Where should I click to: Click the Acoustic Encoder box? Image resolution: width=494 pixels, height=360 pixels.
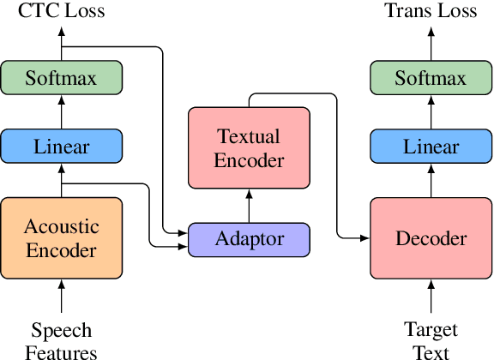[x=62, y=238]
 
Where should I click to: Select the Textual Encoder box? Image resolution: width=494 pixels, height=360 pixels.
[x=249, y=147]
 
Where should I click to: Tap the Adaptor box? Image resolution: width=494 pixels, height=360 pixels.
[x=249, y=239]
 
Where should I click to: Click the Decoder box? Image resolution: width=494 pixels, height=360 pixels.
[x=431, y=238]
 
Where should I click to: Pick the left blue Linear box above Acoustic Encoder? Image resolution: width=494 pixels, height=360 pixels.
[x=62, y=147]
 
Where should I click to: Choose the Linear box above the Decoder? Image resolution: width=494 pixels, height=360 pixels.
[x=431, y=147]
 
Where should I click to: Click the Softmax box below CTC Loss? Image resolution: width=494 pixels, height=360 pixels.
[x=62, y=79]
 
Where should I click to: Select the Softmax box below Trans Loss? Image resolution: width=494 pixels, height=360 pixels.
[x=431, y=79]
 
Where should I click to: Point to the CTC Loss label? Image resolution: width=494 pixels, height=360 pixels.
[x=62, y=11]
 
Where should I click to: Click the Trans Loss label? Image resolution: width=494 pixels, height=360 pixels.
[x=431, y=11]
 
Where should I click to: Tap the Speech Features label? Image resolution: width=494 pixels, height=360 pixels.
[x=62, y=340]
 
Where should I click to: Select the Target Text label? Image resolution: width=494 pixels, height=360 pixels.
[x=431, y=340]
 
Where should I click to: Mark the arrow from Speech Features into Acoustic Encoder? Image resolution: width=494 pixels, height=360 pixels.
[x=62, y=297]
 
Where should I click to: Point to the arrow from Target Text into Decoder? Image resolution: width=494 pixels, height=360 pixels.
[x=431, y=297]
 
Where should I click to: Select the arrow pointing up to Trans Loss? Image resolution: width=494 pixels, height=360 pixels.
[x=431, y=43]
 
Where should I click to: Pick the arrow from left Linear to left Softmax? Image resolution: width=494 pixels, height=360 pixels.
[x=62, y=112]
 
